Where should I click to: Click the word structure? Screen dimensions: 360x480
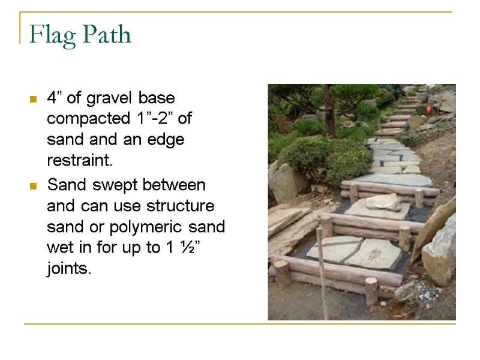tap(184, 206)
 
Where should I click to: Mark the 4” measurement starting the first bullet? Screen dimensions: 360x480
tap(53, 97)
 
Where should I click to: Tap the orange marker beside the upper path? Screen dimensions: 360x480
tap(428, 110)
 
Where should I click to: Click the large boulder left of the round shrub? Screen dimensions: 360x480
tap(289, 182)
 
